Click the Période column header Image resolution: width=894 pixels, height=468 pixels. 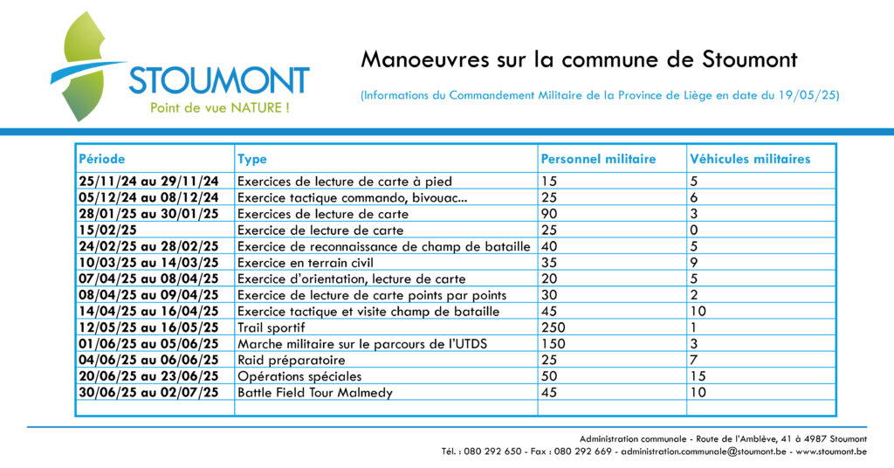(x=102, y=159)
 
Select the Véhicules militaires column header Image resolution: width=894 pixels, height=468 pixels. (x=750, y=159)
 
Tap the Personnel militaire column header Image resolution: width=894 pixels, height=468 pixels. (x=598, y=159)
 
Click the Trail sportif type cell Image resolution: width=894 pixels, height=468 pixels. (x=272, y=327)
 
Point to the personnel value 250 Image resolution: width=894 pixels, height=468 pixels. (x=553, y=327)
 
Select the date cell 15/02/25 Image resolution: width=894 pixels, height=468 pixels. (x=107, y=231)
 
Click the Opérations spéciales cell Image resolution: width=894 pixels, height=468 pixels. (x=299, y=376)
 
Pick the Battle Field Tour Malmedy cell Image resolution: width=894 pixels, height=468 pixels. (x=315, y=393)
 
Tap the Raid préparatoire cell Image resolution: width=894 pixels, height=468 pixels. (x=292, y=361)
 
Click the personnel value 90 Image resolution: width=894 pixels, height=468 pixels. (x=549, y=214)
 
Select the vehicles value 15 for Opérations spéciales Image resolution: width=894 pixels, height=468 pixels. (x=698, y=376)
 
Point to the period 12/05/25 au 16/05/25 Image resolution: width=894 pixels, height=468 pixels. (x=148, y=327)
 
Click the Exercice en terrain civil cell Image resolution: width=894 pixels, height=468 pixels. (x=306, y=263)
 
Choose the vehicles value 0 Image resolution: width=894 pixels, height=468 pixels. (x=694, y=231)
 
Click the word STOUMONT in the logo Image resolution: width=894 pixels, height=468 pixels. (x=219, y=80)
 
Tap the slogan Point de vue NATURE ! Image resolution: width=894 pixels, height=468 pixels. (x=219, y=107)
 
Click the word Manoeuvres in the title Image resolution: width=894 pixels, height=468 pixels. (x=425, y=59)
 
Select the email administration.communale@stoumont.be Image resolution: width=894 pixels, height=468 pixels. (x=704, y=451)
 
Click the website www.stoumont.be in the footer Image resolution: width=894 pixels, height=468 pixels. (x=831, y=451)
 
